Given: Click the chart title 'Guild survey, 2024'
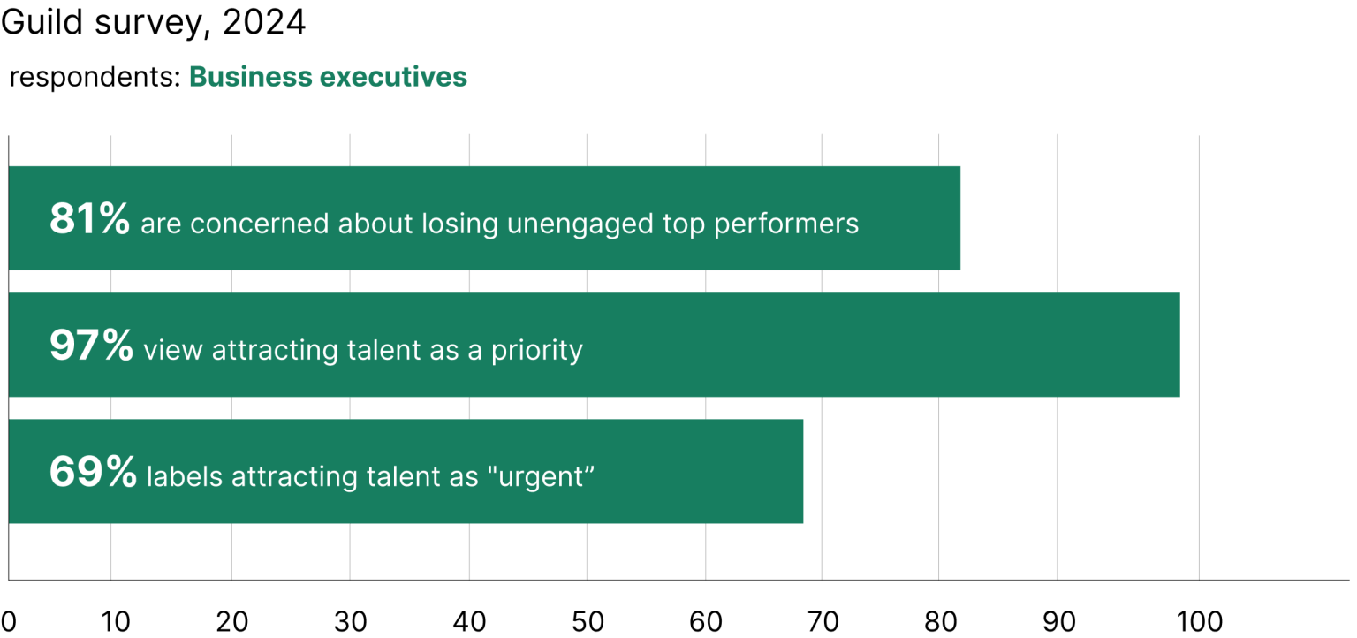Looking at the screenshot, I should tap(154, 23).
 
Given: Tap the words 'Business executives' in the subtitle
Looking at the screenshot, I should tap(328, 78).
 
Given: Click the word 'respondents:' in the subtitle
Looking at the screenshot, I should tap(95, 79).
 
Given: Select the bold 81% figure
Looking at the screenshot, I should tap(90, 219).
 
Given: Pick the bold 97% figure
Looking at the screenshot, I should tap(91, 346).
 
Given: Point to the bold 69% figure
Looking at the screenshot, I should tap(93, 472).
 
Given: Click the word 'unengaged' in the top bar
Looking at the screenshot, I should tap(581, 224).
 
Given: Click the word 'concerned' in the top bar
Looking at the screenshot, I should tap(261, 224).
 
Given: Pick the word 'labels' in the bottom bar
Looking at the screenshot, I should tap(185, 477).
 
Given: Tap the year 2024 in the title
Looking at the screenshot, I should tap(264, 23).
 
